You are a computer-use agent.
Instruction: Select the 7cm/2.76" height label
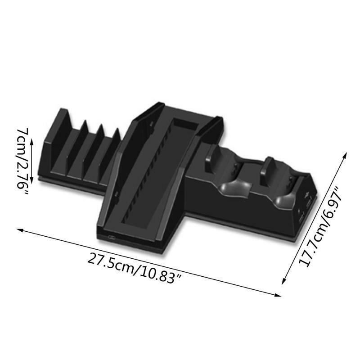(22, 162)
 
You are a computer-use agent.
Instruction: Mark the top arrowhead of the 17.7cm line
(345, 155)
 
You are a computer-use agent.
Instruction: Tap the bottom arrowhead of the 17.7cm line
(284, 280)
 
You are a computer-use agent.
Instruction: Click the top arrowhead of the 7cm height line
(32, 142)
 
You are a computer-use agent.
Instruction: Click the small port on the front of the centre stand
(112, 238)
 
